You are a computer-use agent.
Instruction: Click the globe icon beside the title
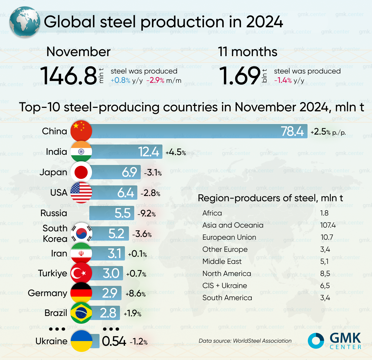point(24,22)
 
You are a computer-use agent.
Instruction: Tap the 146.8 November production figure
point(69,76)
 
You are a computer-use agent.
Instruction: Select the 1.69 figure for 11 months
point(240,76)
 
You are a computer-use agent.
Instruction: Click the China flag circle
point(81,131)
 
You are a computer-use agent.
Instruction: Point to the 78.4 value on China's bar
point(292,131)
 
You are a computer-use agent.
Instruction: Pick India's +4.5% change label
point(176,152)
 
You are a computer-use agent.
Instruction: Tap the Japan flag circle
point(81,172)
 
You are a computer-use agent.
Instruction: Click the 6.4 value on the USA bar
point(126,193)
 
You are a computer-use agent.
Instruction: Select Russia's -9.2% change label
point(147,213)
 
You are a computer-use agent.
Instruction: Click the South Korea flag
point(82,233)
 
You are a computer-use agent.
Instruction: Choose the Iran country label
point(59,253)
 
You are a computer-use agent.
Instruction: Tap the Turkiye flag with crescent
point(81,273)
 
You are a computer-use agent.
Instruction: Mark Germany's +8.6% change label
point(135,293)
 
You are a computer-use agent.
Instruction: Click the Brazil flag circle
point(81,313)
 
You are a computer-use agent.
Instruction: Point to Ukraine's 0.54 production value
point(114,341)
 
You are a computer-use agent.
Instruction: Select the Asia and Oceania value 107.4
point(328,225)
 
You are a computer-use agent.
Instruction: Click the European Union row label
point(229,237)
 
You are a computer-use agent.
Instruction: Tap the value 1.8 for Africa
point(324,213)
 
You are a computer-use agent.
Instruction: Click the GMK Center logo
point(335,341)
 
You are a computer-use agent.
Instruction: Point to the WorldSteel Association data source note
point(245,341)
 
